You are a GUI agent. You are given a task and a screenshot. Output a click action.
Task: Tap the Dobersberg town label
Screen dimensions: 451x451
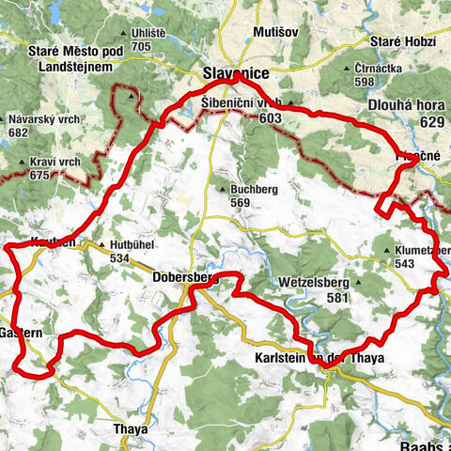[184, 278]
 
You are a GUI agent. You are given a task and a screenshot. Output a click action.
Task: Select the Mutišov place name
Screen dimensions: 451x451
[275, 32]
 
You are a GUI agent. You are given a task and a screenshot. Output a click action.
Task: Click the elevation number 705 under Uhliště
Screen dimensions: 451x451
[142, 46]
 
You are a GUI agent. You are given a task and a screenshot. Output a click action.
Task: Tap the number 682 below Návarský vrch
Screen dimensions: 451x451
[18, 133]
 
